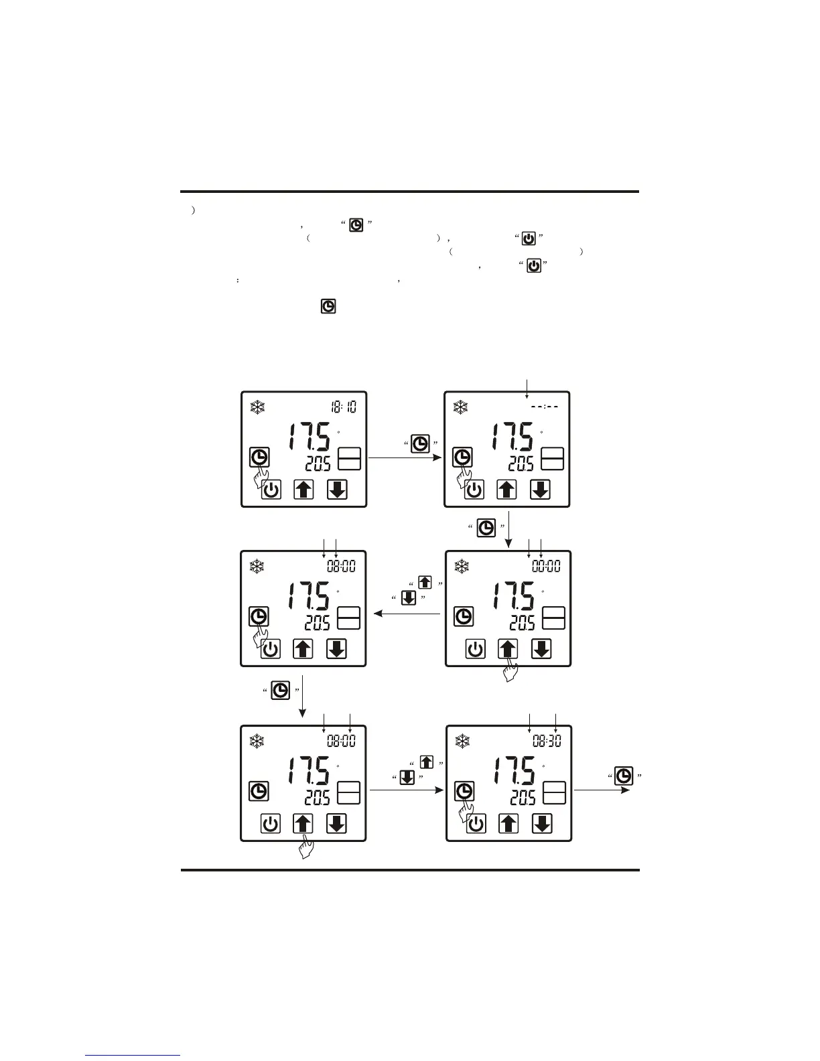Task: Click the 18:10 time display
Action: [344, 407]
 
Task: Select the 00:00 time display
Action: [546, 567]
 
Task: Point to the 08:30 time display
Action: [547, 741]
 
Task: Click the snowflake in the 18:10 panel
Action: [257, 407]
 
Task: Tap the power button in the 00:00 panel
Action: [476, 649]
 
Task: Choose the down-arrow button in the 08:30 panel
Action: [542, 823]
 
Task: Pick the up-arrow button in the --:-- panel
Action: [507, 490]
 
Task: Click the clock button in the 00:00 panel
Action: [464, 616]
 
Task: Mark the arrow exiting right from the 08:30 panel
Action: [601, 790]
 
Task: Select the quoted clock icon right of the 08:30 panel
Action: [624, 776]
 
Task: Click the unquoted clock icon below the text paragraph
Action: [328, 307]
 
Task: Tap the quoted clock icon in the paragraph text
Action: [356, 225]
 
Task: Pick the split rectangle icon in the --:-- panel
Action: [553, 458]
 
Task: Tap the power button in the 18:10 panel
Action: [271, 490]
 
